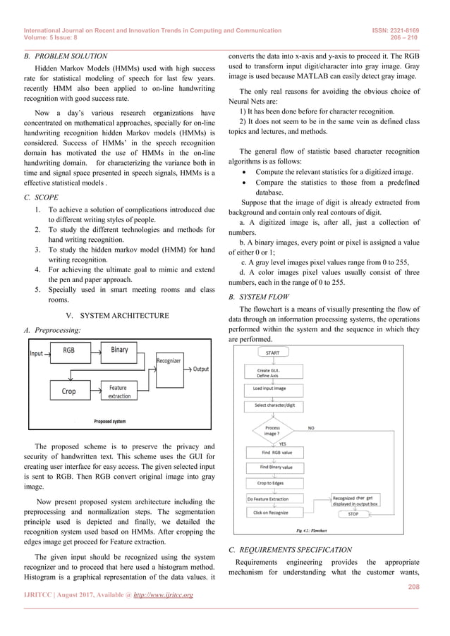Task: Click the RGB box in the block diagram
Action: click(69, 351)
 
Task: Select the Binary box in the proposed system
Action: click(119, 350)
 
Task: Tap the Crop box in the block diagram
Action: click(69, 391)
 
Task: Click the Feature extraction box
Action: click(119, 391)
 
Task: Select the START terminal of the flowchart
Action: click(272, 352)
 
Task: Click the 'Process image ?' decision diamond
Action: click(272, 431)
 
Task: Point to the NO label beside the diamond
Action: click(310, 427)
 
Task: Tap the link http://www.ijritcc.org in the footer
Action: click(162, 595)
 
